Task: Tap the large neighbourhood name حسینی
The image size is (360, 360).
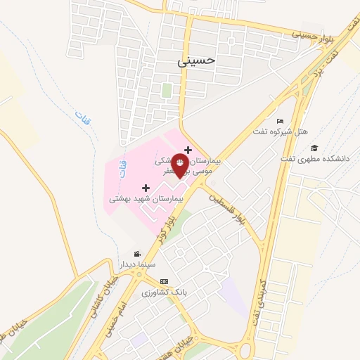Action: coord(194,62)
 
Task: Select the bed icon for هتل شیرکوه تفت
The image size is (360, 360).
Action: coord(280,121)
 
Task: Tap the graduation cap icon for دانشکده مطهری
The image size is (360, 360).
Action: coord(314,148)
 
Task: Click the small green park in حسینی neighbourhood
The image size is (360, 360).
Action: coord(167,91)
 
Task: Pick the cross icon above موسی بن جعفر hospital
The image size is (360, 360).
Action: coord(188,149)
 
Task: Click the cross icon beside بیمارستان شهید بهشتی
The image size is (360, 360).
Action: coord(146,188)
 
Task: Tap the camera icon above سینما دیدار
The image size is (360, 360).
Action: coord(136,253)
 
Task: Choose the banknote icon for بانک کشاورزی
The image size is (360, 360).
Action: coord(164,281)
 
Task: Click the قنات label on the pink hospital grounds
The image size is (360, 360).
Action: coord(122,167)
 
